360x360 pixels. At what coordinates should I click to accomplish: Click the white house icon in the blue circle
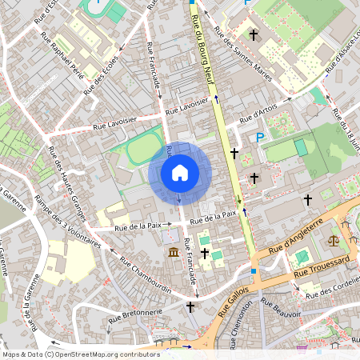pyautogui.click(x=180, y=172)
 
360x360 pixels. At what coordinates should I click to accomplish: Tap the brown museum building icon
pyautogui.click(x=174, y=254)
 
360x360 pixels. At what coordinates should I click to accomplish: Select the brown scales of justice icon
pyautogui.click(x=333, y=238)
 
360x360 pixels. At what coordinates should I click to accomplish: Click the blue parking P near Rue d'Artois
pyautogui.click(x=259, y=138)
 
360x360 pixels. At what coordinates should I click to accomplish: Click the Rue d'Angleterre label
pyautogui.click(x=296, y=238)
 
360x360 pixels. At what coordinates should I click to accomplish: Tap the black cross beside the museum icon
pyautogui.click(x=205, y=254)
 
